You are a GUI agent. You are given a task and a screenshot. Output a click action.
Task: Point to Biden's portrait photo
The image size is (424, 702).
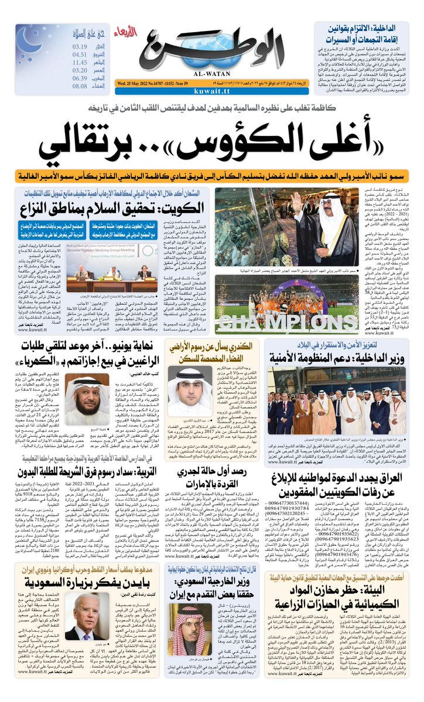click(x=83, y=618)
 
